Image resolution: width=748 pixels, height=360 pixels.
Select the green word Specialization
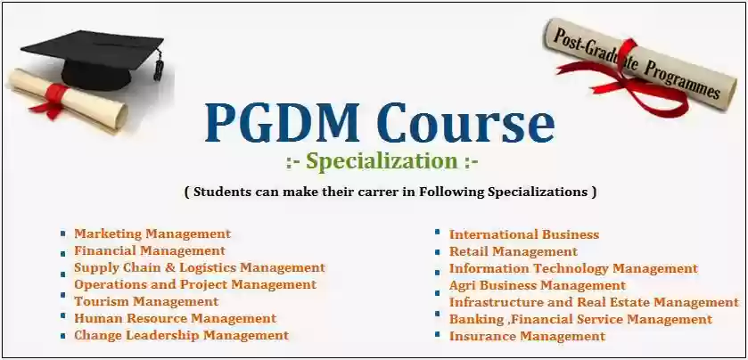[382, 162]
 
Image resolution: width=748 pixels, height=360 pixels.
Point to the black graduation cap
[93, 56]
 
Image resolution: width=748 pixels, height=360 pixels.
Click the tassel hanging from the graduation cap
[158, 67]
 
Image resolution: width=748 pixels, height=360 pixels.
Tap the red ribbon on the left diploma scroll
[53, 100]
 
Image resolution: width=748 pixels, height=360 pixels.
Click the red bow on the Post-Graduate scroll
[625, 78]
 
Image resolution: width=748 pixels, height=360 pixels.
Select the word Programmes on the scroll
[683, 79]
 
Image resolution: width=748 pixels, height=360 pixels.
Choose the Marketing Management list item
[152, 234]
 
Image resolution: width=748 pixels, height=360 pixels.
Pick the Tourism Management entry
[146, 302]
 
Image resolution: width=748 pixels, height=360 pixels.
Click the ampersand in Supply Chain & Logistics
[169, 267]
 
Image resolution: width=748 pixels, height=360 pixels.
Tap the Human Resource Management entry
[175, 318]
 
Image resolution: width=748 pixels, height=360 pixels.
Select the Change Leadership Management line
[181, 336]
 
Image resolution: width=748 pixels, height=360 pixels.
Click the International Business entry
[524, 234]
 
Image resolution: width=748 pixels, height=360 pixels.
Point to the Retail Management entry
[514, 251]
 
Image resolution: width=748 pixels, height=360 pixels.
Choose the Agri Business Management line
[537, 286]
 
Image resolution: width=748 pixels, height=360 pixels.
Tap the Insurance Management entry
[527, 336]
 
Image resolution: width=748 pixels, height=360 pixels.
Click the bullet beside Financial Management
[63, 253]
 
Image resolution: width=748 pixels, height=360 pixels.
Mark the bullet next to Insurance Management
[438, 334]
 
